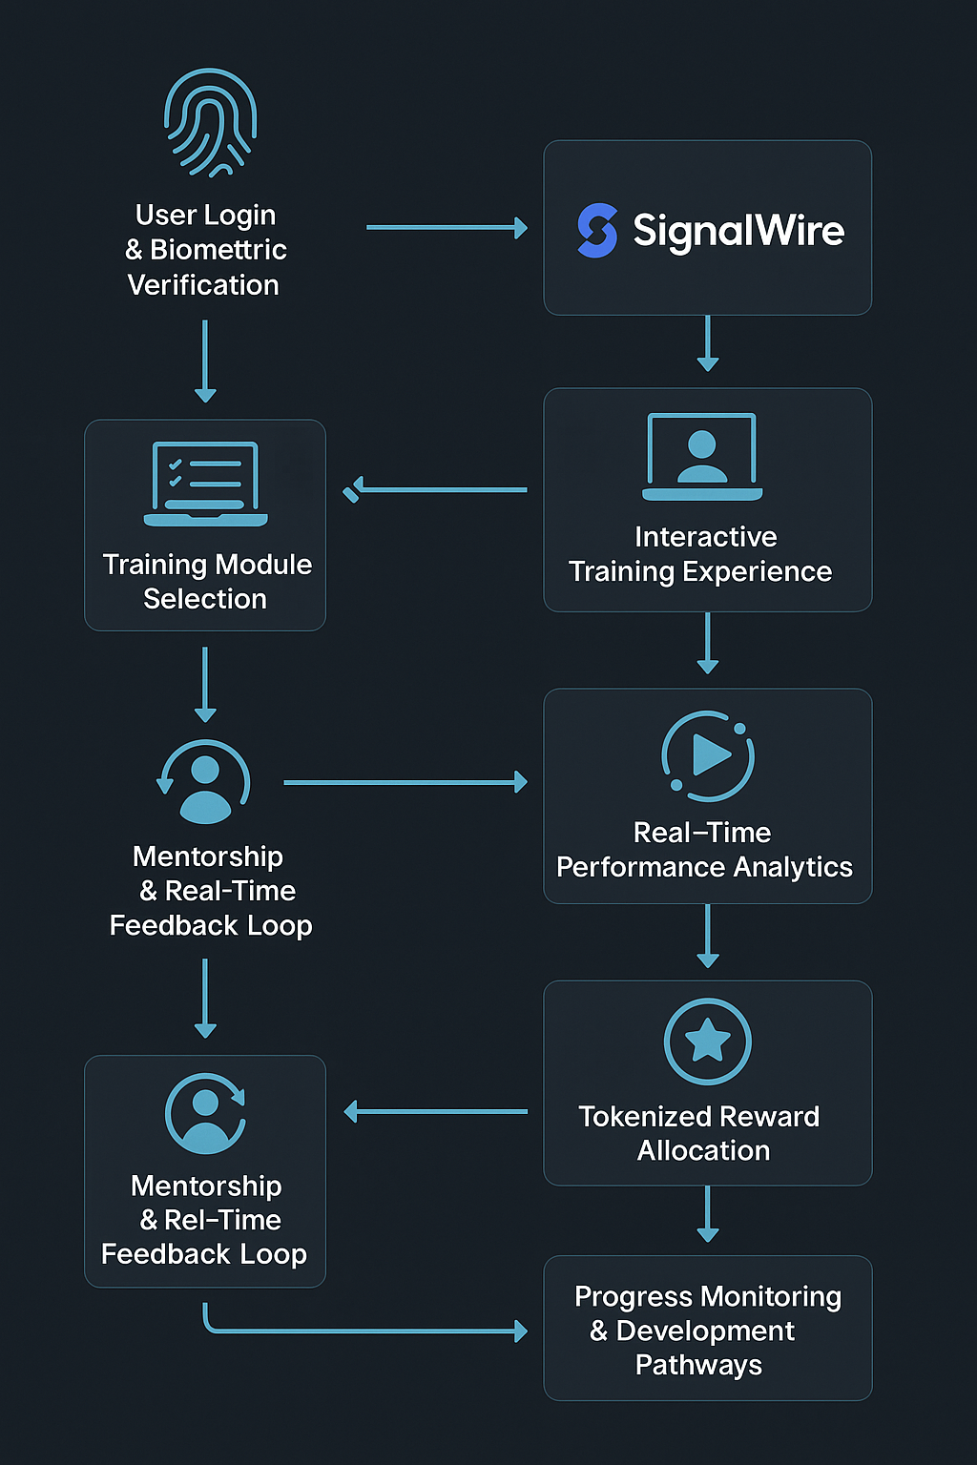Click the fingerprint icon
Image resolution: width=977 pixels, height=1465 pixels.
point(210,122)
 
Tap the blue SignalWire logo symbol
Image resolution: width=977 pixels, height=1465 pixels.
point(597,230)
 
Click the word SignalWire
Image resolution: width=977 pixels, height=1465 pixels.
point(738,231)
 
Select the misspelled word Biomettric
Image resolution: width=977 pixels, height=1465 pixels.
point(218,250)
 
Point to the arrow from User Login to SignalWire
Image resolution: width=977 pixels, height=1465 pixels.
point(447,228)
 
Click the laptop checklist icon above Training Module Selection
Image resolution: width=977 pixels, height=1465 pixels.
point(206,483)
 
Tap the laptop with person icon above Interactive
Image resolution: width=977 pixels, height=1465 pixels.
point(702,457)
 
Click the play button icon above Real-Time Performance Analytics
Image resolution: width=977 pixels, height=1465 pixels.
point(708,755)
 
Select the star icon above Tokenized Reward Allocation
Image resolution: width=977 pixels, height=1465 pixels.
point(708,1041)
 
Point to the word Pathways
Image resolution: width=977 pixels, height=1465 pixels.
point(698,1365)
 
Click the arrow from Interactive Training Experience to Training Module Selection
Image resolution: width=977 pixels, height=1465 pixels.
point(437,490)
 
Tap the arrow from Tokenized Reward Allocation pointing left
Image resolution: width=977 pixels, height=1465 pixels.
point(435,1111)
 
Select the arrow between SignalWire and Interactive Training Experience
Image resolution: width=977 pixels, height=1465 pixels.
point(708,343)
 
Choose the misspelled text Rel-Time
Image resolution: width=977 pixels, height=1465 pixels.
point(222,1220)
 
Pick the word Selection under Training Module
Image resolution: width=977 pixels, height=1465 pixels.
point(205,599)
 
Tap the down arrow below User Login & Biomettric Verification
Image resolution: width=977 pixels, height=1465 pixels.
point(205,361)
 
